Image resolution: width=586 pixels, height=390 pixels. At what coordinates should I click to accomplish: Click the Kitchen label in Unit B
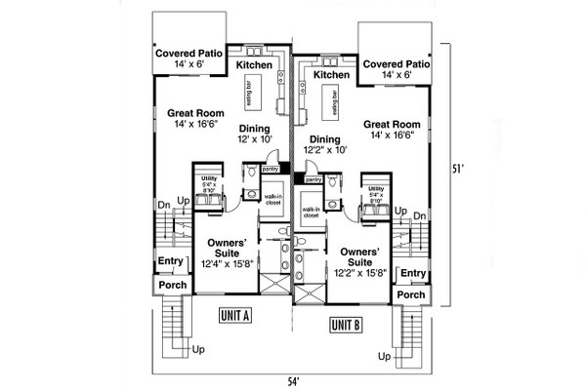click(x=331, y=74)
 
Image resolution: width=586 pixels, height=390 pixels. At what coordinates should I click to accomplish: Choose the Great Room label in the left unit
click(x=184, y=117)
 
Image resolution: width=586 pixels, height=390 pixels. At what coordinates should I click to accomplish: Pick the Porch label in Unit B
click(x=411, y=294)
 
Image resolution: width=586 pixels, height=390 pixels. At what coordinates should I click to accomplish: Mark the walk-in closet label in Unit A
click(x=274, y=200)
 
